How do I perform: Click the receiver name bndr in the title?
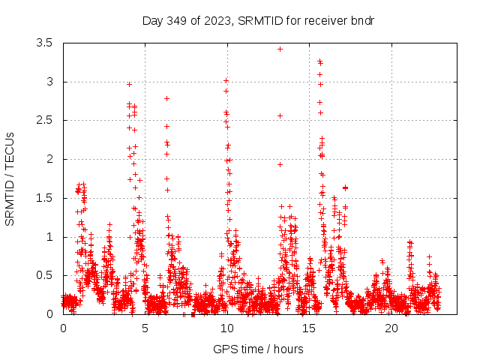[362, 20]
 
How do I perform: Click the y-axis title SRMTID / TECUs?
[10, 179]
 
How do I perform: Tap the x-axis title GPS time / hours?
[258, 349]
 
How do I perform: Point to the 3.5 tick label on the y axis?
[43, 43]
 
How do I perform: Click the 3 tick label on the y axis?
[49, 82]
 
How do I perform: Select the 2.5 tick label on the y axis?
[43, 120]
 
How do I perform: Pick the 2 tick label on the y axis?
[49, 159]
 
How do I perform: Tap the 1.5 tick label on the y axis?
[43, 198]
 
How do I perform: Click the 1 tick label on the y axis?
[49, 237]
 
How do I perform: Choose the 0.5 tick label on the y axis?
[43, 275]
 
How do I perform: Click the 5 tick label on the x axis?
[145, 328]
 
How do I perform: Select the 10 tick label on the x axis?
[227, 328]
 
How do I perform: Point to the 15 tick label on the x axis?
[310, 328]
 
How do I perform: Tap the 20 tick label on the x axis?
[391, 328]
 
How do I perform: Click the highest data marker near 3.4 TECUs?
[280, 49]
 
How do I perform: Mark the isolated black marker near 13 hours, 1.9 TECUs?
[280, 164]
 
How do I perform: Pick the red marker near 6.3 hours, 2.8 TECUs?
[166, 98]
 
